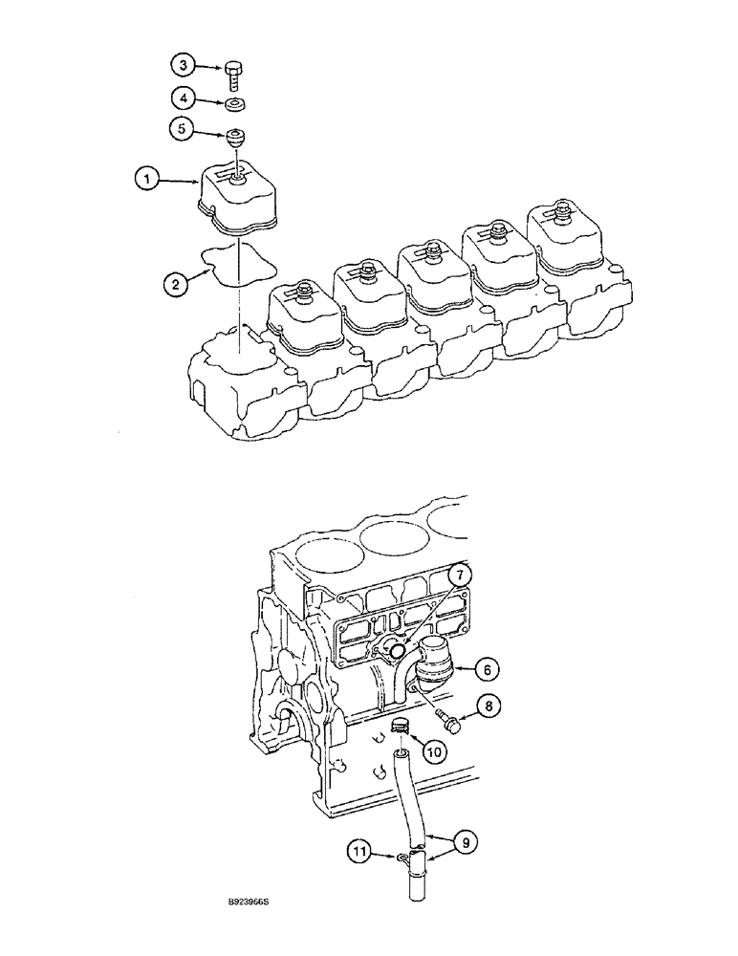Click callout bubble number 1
click(x=145, y=178)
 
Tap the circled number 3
click(x=182, y=66)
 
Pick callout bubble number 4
click(x=182, y=98)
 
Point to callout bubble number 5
click(x=182, y=127)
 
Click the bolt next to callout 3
click(x=234, y=74)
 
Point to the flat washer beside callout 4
click(x=234, y=104)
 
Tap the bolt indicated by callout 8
click(x=445, y=719)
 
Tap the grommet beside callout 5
click(x=234, y=136)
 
